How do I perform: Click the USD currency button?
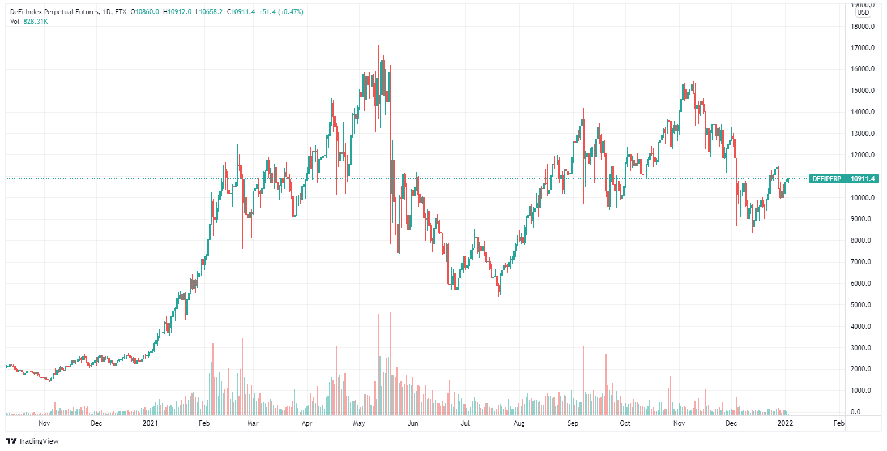pyautogui.click(x=863, y=12)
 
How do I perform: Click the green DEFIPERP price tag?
pyautogui.click(x=826, y=179)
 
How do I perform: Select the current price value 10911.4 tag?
pyautogui.click(x=862, y=179)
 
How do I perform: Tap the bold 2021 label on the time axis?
pyautogui.click(x=150, y=423)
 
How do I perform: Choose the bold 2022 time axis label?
pyautogui.click(x=784, y=423)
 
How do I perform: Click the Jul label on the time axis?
pyautogui.click(x=465, y=423)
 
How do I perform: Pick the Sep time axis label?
pyautogui.click(x=573, y=423)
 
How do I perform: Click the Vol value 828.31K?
pyautogui.click(x=35, y=22)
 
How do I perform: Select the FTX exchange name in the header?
pyautogui.click(x=120, y=12)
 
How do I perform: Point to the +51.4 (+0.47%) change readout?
pyautogui.click(x=281, y=12)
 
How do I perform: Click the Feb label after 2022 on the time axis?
pyautogui.click(x=839, y=423)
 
